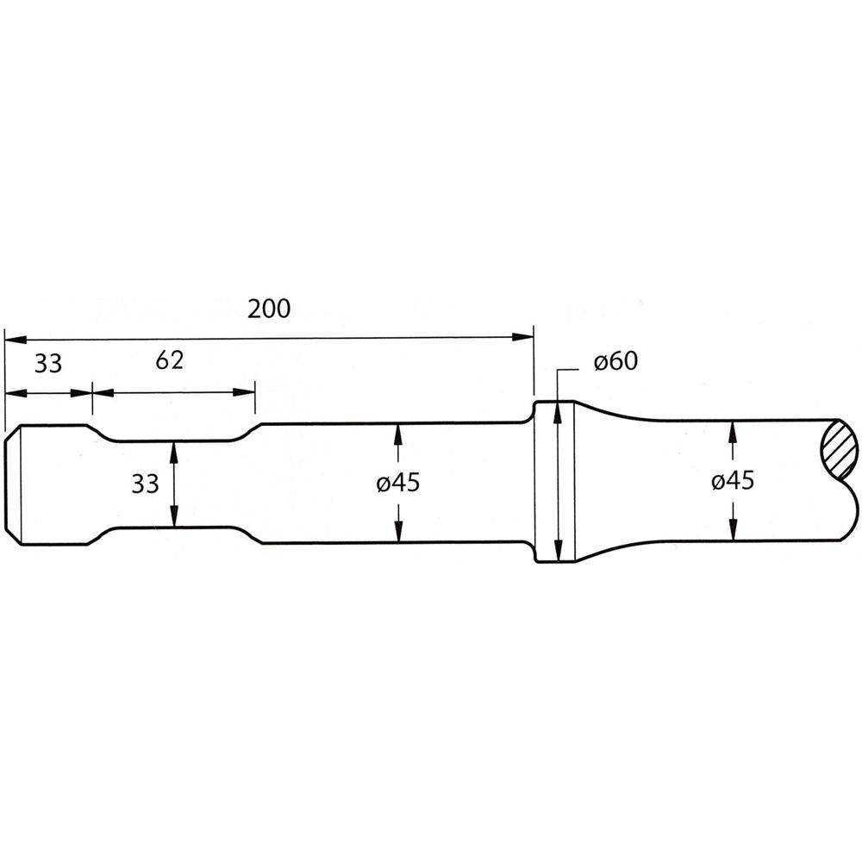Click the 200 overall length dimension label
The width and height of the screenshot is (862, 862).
(x=269, y=309)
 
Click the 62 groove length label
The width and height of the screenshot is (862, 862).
(x=169, y=360)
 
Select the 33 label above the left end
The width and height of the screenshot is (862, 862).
(x=48, y=364)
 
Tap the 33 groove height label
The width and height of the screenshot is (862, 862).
(x=145, y=484)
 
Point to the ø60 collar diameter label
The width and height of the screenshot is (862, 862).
(x=615, y=362)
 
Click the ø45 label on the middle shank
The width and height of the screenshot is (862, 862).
(x=398, y=484)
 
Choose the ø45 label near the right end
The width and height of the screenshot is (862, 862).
(x=733, y=481)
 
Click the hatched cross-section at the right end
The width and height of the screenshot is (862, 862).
(x=839, y=449)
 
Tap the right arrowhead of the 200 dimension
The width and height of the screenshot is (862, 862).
(x=522, y=336)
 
